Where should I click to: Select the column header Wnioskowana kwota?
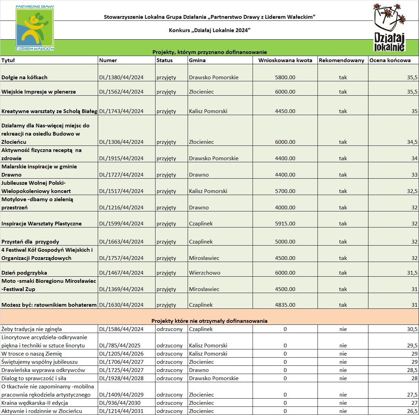click(x=285, y=60)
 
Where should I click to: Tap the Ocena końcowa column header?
click(x=390, y=60)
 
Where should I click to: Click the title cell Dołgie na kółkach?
click(x=25, y=78)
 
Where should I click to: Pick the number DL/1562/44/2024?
click(x=121, y=92)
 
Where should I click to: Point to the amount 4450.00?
click(x=285, y=111)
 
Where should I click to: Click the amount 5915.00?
click(x=285, y=224)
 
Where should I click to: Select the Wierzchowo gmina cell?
click(x=205, y=273)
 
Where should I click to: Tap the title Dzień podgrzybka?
click(x=24, y=273)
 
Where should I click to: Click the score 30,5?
click(x=412, y=329)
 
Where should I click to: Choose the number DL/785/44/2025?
click(x=120, y=346)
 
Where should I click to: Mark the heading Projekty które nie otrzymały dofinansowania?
click(x=209, y=321)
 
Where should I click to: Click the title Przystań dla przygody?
click(x=30, y=242)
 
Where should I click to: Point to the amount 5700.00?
click(x=285, y=191)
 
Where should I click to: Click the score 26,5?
click(x=412, y=411)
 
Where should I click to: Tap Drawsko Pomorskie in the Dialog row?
click(x=214, y=378)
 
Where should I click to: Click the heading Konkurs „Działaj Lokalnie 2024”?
click(x=209, y=30)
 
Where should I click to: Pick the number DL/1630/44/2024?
click(x=121, y=305)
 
